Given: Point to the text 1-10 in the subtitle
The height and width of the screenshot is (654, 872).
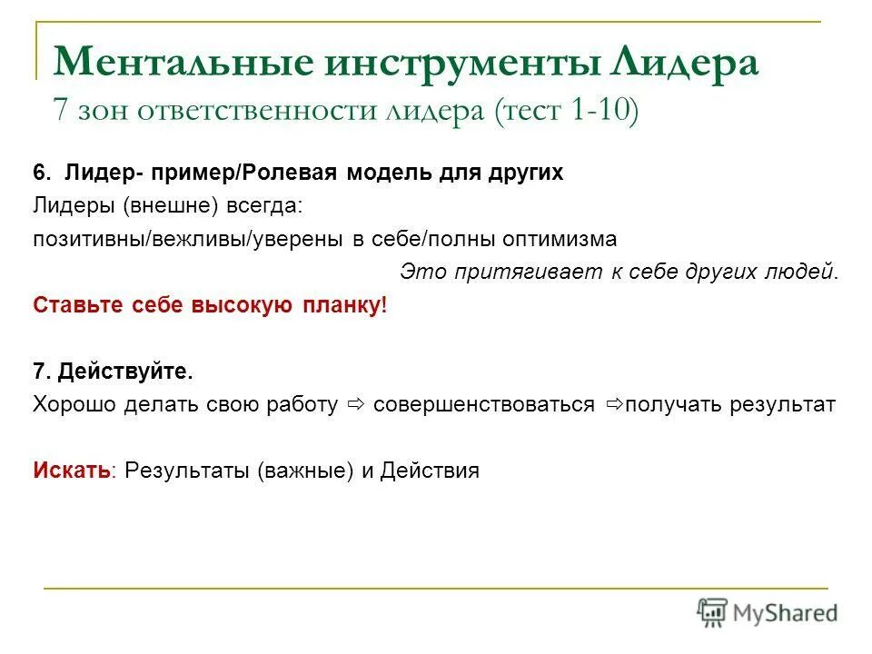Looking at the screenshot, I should click(x=604, y=110).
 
